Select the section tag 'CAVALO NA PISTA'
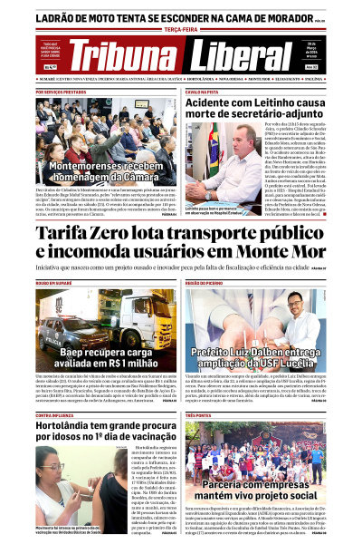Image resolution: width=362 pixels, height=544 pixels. [201, 92]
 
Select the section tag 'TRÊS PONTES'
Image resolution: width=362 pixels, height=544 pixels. [198, 414]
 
